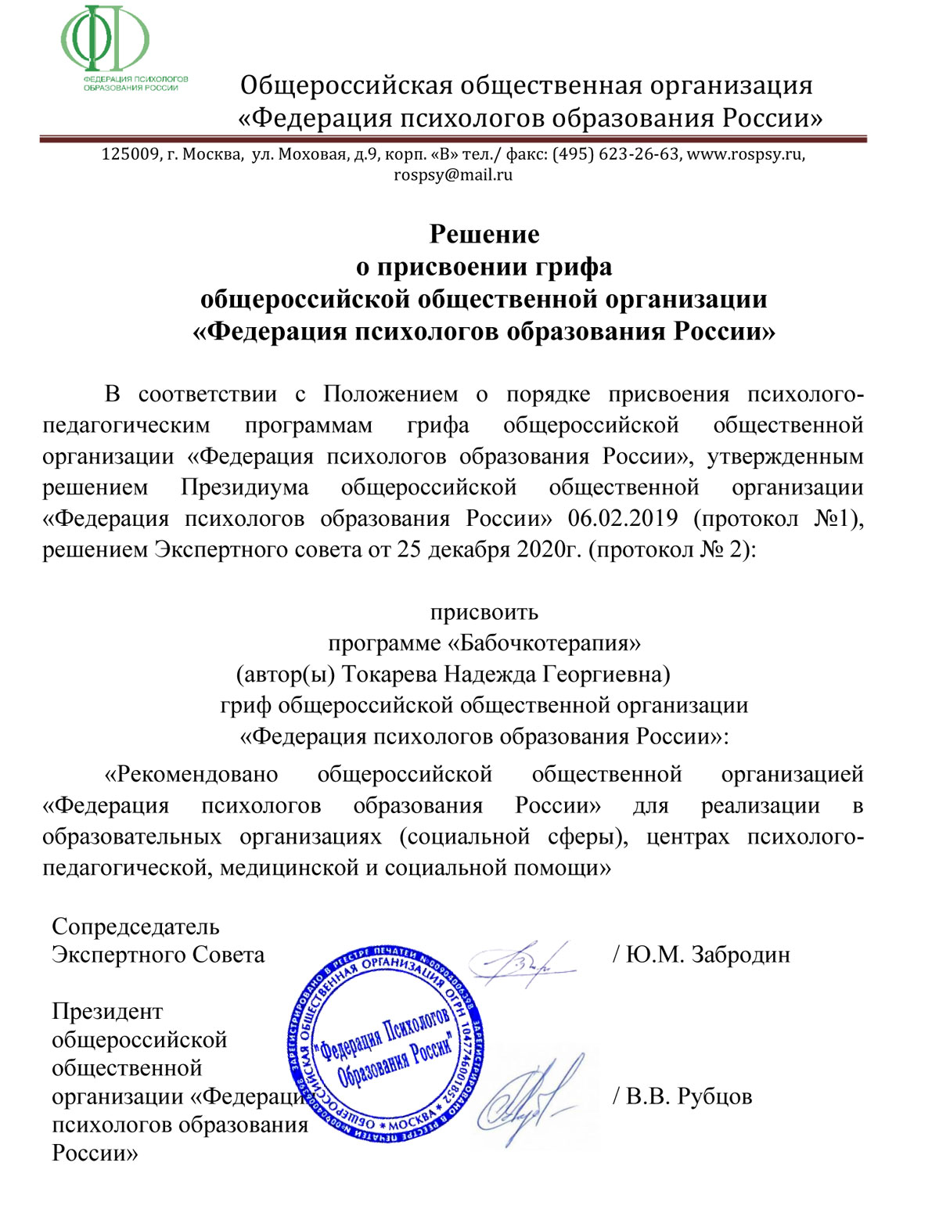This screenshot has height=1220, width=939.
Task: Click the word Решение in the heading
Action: tap(484, 234)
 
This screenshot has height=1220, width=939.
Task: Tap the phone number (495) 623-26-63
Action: tap(616, 154)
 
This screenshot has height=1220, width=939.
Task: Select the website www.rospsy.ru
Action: tap(744, 154)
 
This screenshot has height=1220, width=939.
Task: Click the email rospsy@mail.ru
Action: tap(453, 175)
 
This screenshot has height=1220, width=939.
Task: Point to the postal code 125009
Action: tap(130, 154)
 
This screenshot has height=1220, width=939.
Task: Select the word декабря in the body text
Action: tap(468, 549)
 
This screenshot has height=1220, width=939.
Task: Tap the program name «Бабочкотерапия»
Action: tap(543, 643)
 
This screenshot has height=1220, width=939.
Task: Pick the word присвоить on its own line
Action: tap(484, 612)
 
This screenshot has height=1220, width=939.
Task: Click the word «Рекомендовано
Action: tap(192, 774)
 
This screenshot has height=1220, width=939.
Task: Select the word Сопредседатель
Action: tap(135, 927)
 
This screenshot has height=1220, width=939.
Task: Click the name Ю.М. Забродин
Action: tap(707, 955)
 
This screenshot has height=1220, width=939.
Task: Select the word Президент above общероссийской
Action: tap(107, 1011)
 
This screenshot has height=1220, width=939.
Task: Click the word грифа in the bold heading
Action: tap(574, 267)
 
